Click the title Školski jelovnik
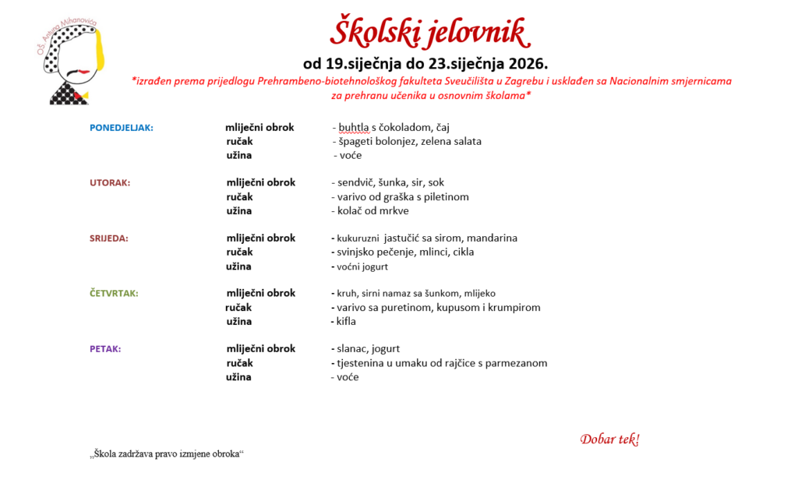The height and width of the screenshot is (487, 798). (x=429, y=33)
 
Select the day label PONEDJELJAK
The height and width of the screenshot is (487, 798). (x=122, y=128)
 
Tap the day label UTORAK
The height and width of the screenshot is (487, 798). (x=110, y=183)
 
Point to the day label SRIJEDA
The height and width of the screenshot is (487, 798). (x=109, y=238)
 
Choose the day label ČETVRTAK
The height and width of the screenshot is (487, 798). (x=115, y=294)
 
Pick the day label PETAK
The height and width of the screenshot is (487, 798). (x=105, y=349)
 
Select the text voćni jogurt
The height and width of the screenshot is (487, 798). (x=362, y=266)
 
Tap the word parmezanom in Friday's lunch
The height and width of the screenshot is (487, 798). (x=517, y=363)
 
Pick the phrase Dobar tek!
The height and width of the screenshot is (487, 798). (x=609, y=439)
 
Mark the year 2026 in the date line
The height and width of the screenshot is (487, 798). (x=530, y=63)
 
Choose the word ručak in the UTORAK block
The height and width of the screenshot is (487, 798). (x=240, y=197)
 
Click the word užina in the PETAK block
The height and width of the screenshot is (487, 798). (x=239, y=377)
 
